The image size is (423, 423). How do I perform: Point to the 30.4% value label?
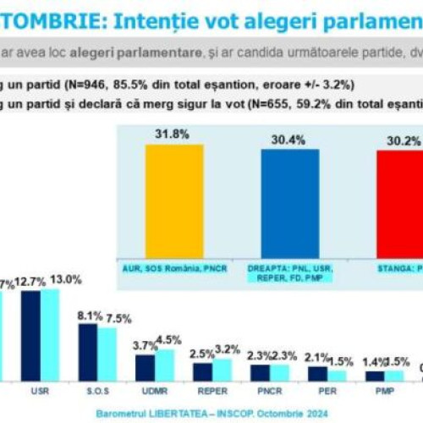290,140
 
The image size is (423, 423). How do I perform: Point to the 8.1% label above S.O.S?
89,315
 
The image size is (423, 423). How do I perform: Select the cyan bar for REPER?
221,370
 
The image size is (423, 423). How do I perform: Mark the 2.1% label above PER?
316,357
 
